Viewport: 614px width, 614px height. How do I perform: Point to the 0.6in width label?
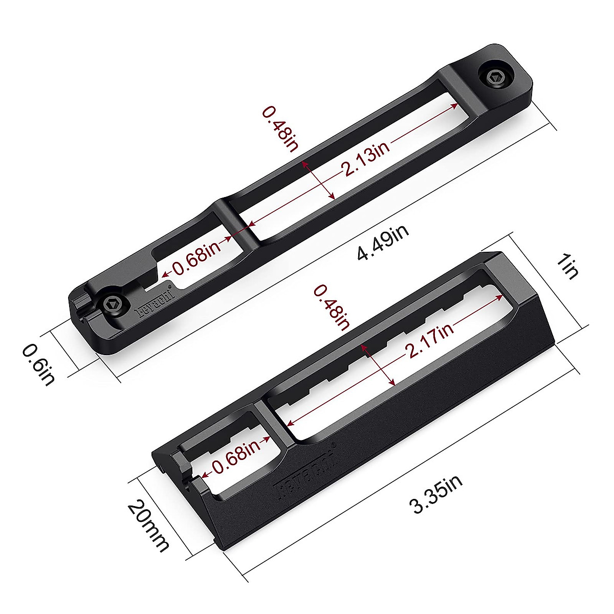point(38,364)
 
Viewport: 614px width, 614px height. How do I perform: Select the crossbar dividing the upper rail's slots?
point(236,221)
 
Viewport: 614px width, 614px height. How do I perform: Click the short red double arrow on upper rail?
point(318,180)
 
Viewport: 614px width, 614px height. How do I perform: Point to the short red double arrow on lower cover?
point(378,364)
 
